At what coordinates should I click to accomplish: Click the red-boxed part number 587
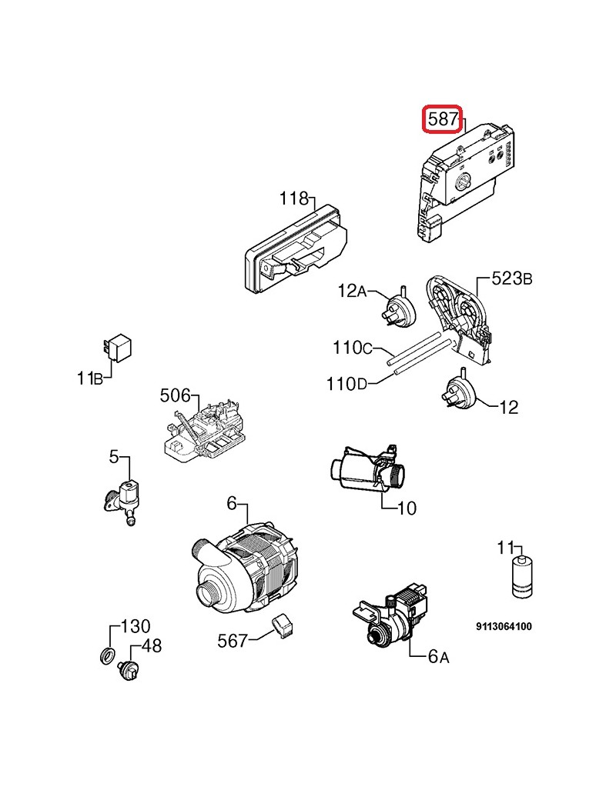442,119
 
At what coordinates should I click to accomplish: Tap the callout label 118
294,198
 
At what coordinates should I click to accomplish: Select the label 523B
512,278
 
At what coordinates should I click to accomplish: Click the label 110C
353,348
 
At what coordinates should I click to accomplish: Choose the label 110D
346,384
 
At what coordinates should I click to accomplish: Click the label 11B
90,378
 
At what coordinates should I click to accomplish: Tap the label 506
176,395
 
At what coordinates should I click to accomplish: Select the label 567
233,641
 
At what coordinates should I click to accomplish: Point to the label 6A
439,657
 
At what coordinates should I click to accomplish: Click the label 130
136,626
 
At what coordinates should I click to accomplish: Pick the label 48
152,646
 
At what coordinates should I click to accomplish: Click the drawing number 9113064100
504,626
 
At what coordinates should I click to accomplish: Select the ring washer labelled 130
107,655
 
